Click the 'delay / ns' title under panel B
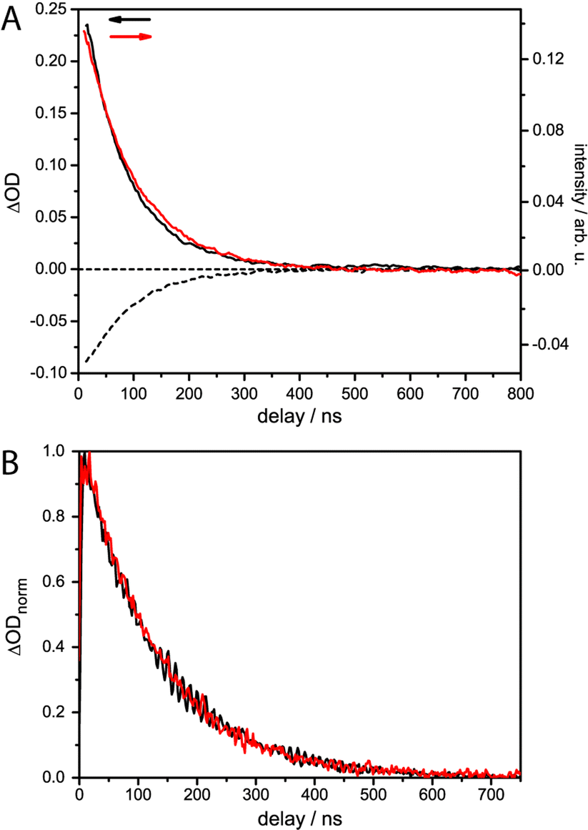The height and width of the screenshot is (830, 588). tap(299, 815)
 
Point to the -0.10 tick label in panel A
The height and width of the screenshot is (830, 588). tap(54, 373)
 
